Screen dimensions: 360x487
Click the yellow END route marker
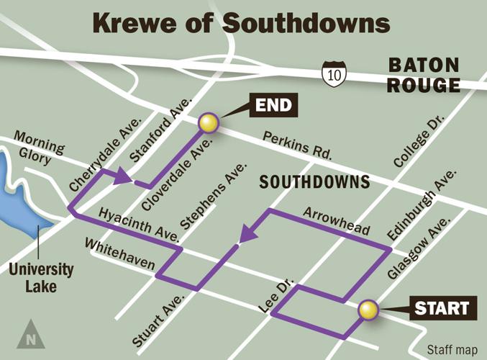pyautogui.click(x=208, y=123)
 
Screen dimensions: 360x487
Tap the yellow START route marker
pyautogui.click(x=368, y=310)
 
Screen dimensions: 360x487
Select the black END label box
pyautogui.click(x=273, y=107)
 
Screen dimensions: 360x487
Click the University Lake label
pyautogui.click(x=41, y=277)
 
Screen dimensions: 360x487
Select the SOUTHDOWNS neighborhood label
pyautogui.click(x=314, y=181)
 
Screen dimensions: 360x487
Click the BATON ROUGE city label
pyautogui.click(x=424, y=75)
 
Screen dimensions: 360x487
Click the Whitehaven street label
pyautogui.click(x=119, y=255)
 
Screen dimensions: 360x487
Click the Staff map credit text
pyautogui.click(x=452, y=350)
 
